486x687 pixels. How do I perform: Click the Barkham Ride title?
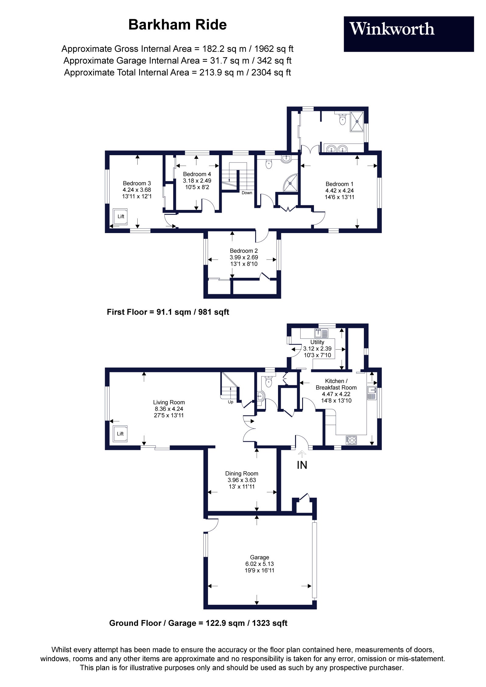(178, 25)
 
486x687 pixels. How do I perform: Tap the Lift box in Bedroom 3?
(121, 216)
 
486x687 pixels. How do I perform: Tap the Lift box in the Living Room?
(120, 434)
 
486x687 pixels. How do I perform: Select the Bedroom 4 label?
(197, 174)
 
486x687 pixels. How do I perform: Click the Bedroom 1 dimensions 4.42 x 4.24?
(339, 190)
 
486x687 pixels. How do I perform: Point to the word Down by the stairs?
(247, 193)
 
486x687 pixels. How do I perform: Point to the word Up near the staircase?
(231, 402)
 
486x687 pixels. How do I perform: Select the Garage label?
(259, 557)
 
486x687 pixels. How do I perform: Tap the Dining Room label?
(241, 473)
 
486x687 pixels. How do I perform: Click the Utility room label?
(317, 342)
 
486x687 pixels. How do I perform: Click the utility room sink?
(322, 333)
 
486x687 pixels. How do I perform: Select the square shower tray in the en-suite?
(357, 121)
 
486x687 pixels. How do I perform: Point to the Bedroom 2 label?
(244, 251)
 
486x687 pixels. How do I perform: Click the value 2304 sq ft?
(271, 72)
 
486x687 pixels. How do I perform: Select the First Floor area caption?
(168, 312)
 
